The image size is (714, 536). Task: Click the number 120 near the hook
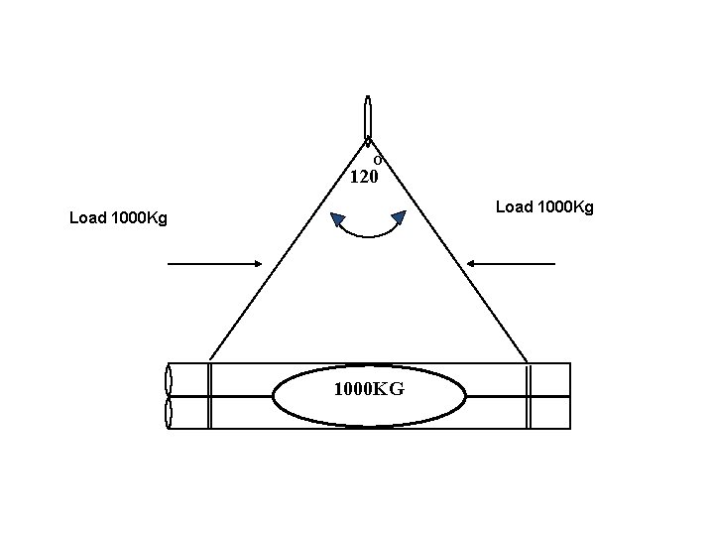coord(364,178)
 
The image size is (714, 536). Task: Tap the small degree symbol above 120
coord(378,160)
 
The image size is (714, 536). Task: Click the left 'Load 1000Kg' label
coord(118,217)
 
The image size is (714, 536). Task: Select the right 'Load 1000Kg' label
coord(544,206)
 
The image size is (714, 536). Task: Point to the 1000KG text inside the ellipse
coord(369,389)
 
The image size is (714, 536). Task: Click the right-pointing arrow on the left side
coord(214,264)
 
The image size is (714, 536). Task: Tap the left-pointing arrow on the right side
coord(511,264)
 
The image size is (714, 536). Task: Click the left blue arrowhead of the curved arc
coord(338,219)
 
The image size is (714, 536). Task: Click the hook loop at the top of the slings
coord(368,116)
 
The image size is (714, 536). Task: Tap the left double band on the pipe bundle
coord(209,396)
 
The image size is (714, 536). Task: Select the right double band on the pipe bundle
coord(530,396)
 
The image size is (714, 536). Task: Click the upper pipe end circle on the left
coord(168,380)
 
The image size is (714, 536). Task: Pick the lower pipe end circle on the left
coord(168,413)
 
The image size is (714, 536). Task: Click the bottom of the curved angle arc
coord(368,236)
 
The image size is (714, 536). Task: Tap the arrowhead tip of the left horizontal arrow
coord(260,264)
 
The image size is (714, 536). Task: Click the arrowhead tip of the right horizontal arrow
coord(467,264)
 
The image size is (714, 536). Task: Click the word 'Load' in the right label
coord(513,206)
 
